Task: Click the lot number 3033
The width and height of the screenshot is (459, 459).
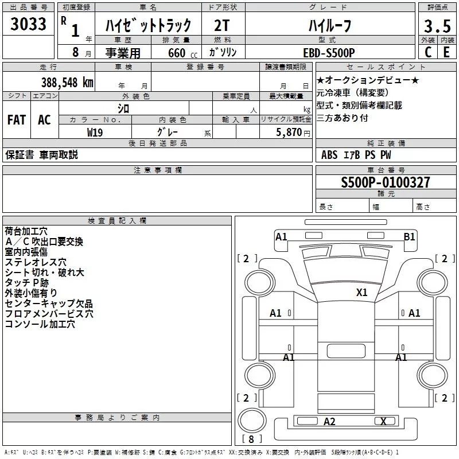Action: pyautogui.click(x=29, y=25)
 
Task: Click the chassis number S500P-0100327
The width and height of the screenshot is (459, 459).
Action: pyautogui.click(x=386, y=183)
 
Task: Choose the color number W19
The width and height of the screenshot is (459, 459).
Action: pyautogui.click(x=95, y=131)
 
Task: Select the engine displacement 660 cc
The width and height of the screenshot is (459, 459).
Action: pyautogui.click(x=174, y=53)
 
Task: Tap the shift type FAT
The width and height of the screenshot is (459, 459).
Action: pyautogui.click(x=16, y=120)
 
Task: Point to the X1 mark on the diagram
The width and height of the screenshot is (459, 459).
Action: pyautogui.click(x=361, y=292)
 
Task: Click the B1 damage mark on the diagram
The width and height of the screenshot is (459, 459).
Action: pyautogui.click(x=409, y=236)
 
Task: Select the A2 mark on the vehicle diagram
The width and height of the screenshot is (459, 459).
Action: pyautogui.click(x=329, y=422)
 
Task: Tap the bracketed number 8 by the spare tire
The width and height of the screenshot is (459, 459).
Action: pyautogui.click(x=251, y=439)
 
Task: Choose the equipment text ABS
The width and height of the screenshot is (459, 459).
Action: pyautogui.click(x=330, y=155)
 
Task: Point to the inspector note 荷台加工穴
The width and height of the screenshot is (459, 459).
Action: pyautogui.click(x=27, y=232)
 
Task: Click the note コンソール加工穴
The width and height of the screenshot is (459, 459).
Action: pyautogui.click(x=40, y=324)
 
